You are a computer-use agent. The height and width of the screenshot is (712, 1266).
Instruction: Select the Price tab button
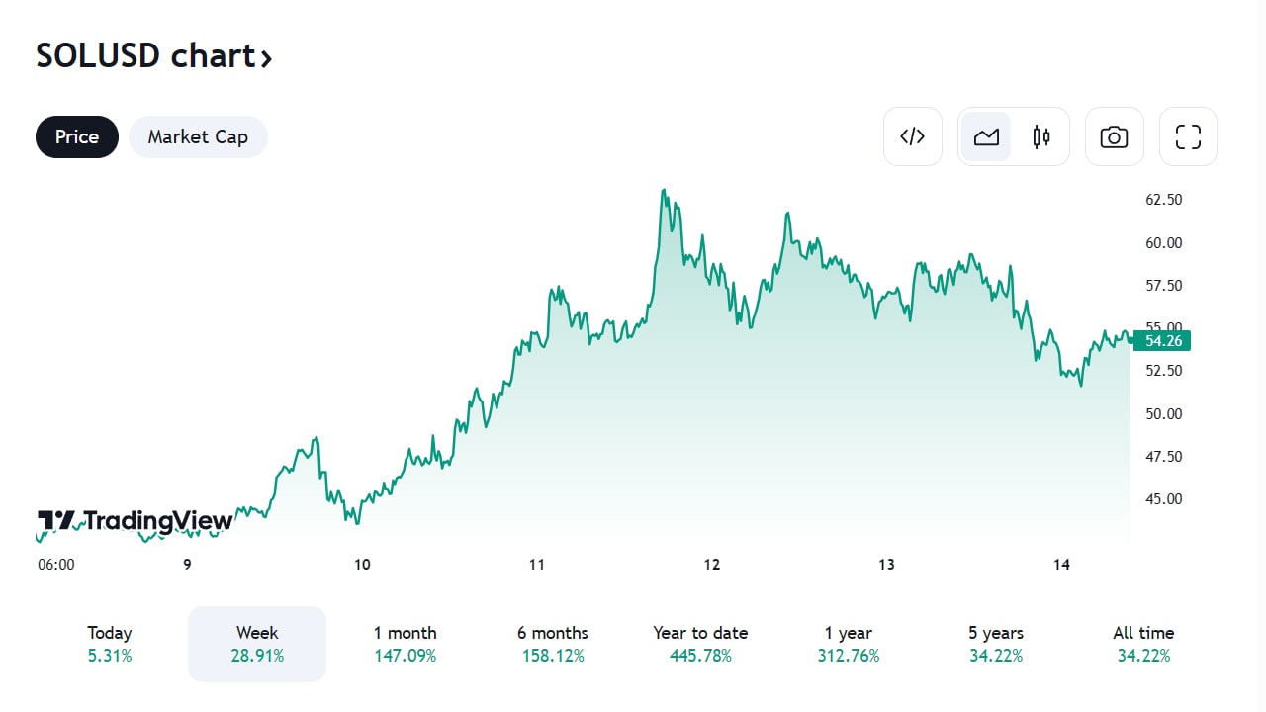pyautogui.click(x=77, y=136)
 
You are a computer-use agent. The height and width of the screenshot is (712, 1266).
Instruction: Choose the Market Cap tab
pyautogui.click(x=198, y=136)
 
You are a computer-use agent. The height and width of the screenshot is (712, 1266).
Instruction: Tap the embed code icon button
pyautogui.click(x=912, y=136)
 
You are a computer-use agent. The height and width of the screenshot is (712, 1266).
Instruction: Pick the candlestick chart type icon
pyautogui.click(x=1040, y=136)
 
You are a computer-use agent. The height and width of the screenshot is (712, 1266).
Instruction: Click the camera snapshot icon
pyautogui.click(x=1114, y=136)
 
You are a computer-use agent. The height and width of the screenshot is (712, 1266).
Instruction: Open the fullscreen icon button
pyautogui.click(x=1188, y=136)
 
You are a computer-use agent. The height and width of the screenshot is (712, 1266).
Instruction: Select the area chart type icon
pyautogui.click(x=986, y=136)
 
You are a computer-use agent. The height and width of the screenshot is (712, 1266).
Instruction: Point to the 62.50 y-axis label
pyautogui.click(x=1163, y=200)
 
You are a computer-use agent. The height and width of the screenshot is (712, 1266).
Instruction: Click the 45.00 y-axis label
pyautogui.click(x=1163, y=499)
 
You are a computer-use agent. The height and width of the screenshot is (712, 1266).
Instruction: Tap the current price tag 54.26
pyautogui.click(x=1163, y=341)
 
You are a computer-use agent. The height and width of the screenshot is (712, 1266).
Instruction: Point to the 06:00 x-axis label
pyautogui.click(x=56, y=565)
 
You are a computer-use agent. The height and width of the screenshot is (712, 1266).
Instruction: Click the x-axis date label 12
pyautogui.click(x=712, y=565)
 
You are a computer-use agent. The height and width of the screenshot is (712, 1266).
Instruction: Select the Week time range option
pyautogui.click(x=257, y=643)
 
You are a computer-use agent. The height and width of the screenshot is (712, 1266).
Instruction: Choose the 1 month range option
pyautogui.click(x=405, y=643)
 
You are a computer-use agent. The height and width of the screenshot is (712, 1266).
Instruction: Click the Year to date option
pyautogui.click(x=700, y=643)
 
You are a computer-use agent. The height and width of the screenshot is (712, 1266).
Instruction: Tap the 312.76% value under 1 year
pyautogui.click(x=848, y=656)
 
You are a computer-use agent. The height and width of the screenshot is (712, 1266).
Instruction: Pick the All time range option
pyautogui.click(x=1143, y=643)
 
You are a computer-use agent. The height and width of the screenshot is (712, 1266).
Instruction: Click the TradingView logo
pyautogui.click(x=136, y=521)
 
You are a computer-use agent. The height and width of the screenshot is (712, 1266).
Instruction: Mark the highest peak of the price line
pyautogui.click(x=663, y=190)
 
